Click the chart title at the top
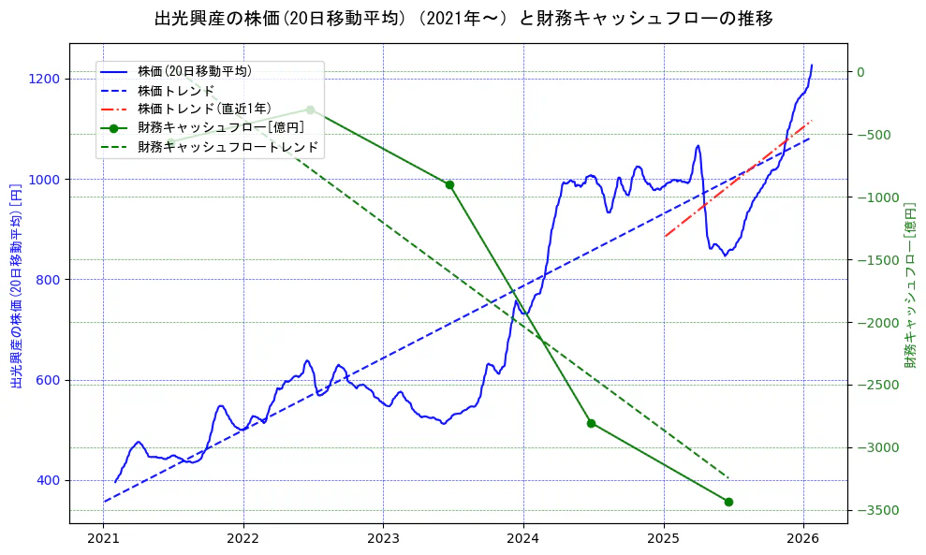click(463, 18)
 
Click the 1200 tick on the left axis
click(46, 79)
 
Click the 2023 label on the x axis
click(383, 539)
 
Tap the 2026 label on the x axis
click(803, 539)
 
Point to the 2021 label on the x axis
click(103, 539)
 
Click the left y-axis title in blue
click(16, 285)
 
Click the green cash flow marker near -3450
click(728, 502)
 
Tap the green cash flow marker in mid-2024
click(591, 423)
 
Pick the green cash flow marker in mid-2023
click(449, 184)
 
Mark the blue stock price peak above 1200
click(812, 66)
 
